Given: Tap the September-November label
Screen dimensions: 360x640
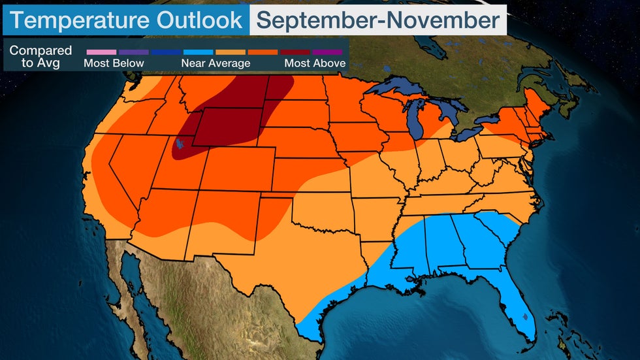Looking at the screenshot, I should click(378, 20).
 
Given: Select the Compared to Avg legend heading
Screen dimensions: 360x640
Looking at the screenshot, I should click(40, 57).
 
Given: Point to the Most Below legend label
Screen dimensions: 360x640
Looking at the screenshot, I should click(114, 63).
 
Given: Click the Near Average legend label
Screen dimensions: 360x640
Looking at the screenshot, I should click(216, 63).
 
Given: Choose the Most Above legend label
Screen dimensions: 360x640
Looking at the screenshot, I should click(315, 63).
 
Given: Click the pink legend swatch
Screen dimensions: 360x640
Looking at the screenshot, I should click(101, 51).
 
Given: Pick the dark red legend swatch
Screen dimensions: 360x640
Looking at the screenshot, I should click(295, 51).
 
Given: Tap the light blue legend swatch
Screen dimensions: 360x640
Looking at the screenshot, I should click(199, 51).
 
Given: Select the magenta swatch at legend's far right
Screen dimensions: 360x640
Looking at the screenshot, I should click(328, 51).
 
